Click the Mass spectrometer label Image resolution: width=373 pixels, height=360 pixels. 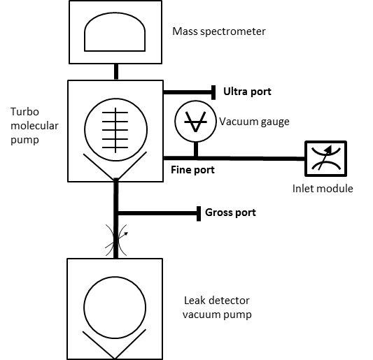tap(219, 31)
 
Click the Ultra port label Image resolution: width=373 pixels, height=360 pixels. tap(247, 92)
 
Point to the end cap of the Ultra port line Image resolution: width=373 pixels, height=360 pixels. tap(213, 92)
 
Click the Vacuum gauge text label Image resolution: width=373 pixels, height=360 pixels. tap(254, 122)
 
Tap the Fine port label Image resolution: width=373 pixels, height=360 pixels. tap(192, 170)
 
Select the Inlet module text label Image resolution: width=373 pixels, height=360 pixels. tap(323, 189)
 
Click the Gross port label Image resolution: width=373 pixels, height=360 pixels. tap(230, 213)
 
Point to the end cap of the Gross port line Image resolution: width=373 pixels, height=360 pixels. tap(199, 214)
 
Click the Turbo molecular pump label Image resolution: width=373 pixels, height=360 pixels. tap(34, 125)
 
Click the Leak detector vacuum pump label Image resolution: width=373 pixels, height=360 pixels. tap(217, 308)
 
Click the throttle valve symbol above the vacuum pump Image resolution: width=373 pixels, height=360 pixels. tap(116, 240)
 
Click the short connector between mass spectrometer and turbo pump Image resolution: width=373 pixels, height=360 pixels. tap(116, 72)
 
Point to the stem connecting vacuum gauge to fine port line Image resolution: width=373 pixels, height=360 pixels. tap(196, 149)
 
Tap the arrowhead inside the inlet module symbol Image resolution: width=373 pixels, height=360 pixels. tap(328, 149)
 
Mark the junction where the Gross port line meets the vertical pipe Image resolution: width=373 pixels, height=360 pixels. tap(116, 213)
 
